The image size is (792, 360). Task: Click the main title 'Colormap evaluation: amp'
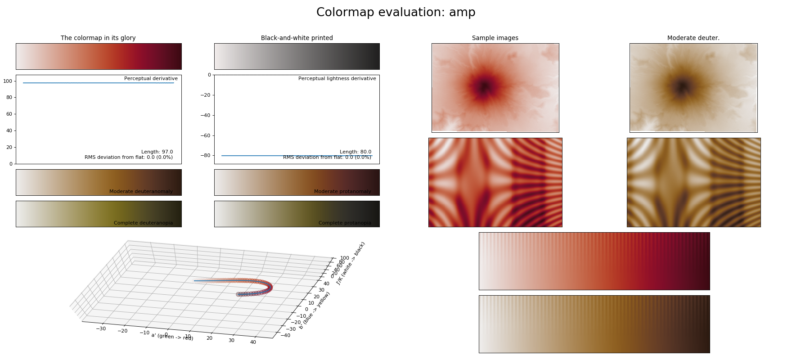point(396,13)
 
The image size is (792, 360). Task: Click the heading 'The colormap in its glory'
point(98,38)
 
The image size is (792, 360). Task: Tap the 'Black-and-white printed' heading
point(297,38)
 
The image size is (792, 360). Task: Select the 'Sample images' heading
point(495,38)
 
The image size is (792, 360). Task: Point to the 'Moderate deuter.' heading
point(693,38)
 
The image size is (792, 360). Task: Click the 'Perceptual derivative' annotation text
point(151,79)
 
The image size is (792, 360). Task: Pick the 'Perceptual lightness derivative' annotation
point(337,79)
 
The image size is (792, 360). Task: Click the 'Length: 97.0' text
point(157,152)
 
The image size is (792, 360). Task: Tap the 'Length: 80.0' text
point(355,152)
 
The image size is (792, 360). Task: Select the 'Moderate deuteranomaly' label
point(141,192)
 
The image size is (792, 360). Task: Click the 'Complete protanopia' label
point(345,223)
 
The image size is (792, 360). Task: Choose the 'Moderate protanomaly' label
point(342,192)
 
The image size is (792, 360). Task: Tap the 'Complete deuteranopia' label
point(143,223)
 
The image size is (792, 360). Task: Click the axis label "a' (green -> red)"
point(172,337)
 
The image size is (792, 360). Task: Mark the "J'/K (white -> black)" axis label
point(351,263)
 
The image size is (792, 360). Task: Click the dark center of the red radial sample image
point(484,87)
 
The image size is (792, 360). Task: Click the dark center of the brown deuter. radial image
point(683,85)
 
